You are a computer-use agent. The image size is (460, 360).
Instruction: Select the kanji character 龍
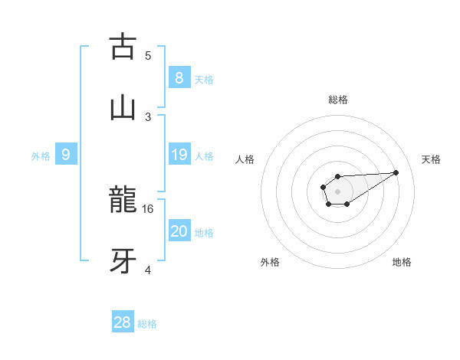tap(123, 201)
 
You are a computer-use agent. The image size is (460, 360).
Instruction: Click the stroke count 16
tap(149, 208)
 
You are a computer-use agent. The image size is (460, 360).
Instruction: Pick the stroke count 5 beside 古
tap(148, 56)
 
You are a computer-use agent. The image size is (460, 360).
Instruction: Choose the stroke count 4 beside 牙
tap(148, 270)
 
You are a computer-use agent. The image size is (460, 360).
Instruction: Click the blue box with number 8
tap(179, 78)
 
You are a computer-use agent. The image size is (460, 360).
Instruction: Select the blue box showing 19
tap(179, 155)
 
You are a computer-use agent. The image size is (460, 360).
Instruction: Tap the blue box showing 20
tap(179, 231)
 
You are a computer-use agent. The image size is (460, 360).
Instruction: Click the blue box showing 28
tap(122, 322)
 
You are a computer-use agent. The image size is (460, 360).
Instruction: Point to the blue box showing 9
tap(66, 155)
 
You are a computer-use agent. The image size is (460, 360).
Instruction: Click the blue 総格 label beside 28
tap(147, 324)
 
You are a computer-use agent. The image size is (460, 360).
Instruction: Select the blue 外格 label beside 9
tap(41, 156)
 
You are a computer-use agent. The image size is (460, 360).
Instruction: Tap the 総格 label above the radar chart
tap(337, 100)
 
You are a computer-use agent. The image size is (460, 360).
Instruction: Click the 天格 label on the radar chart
tap(431, 159)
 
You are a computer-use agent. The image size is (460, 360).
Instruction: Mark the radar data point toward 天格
tap(396, 172)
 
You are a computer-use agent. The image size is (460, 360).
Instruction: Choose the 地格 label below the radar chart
tap(402, 262)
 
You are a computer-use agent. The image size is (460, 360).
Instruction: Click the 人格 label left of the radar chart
tap(246, 159)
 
